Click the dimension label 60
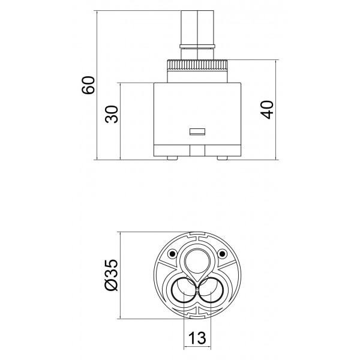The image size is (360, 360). (88, 85)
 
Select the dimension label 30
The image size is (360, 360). (112, 114)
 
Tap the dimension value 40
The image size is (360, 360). (267, 110)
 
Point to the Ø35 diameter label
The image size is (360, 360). (111, 275)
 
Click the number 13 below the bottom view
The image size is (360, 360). (197, 338)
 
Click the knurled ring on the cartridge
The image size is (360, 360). (197, 65)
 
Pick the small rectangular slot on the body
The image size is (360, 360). (197, 132)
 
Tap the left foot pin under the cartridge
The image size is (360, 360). (172, 158)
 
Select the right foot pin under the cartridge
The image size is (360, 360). (222, 158)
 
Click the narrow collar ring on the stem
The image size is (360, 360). (197, 46)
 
